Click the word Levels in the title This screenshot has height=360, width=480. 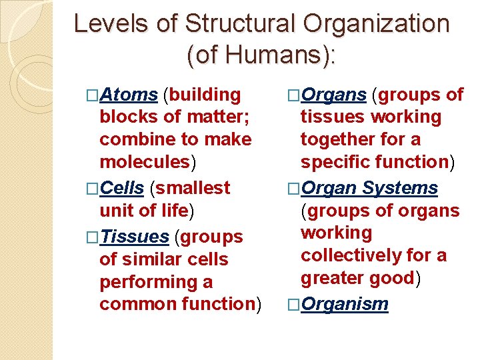pyautogui.click(x=105, y=24)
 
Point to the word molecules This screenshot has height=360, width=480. pyautogui.click(x=144, y=162)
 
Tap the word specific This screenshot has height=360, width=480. pyautogui.click(x=337, y=162)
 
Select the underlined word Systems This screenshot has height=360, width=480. pyautogui.click(x=400, y=189)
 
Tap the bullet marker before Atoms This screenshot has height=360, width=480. pyautogui.click(x=92, y=95)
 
